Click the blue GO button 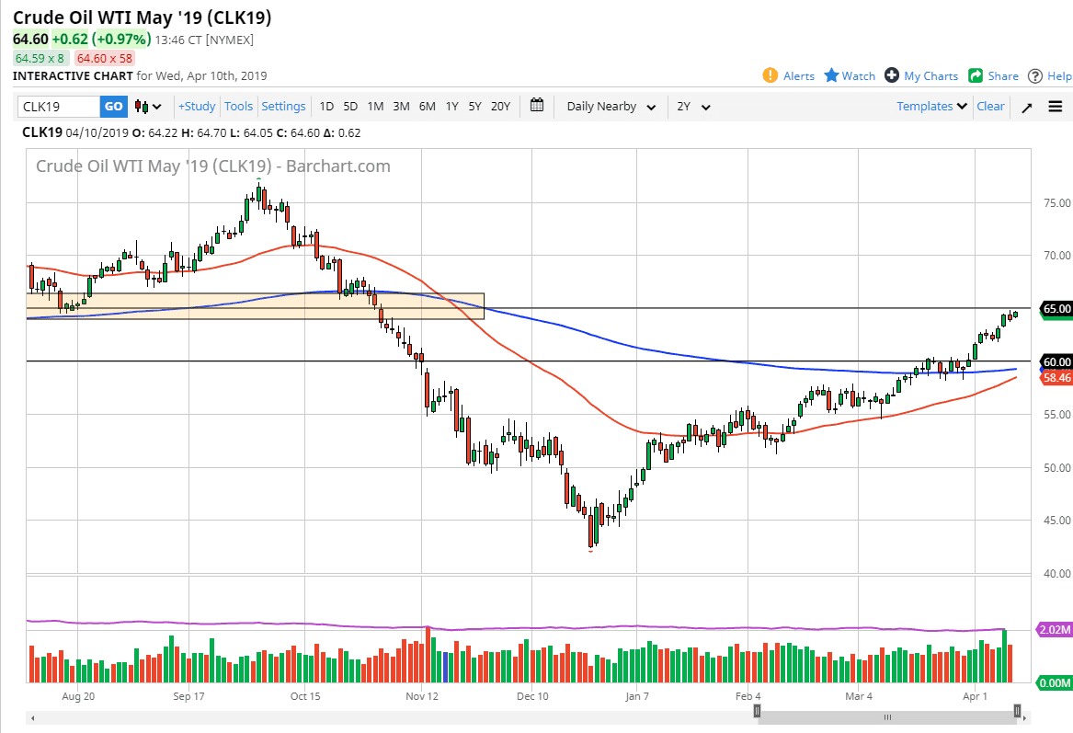point(113,107)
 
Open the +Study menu point(197,107)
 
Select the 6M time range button point(427,107)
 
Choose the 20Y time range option point(500,107)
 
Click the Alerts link point(789,76)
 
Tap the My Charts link point(921,76)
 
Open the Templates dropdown point(931,107)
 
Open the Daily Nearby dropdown point(611,107)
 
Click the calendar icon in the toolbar point(537,106)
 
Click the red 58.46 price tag point(1056,377)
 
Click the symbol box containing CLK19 point(58,107)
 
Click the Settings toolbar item point(283,107)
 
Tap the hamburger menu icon point(1055,107)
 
